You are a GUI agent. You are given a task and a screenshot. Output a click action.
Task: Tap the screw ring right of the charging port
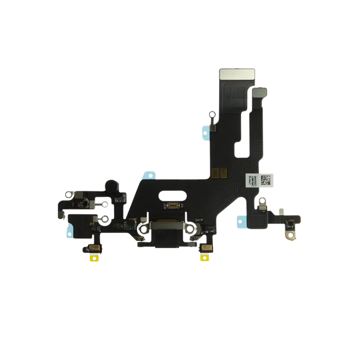coord(192,229)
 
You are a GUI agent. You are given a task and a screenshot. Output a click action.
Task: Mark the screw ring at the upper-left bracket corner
coord(70,193)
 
